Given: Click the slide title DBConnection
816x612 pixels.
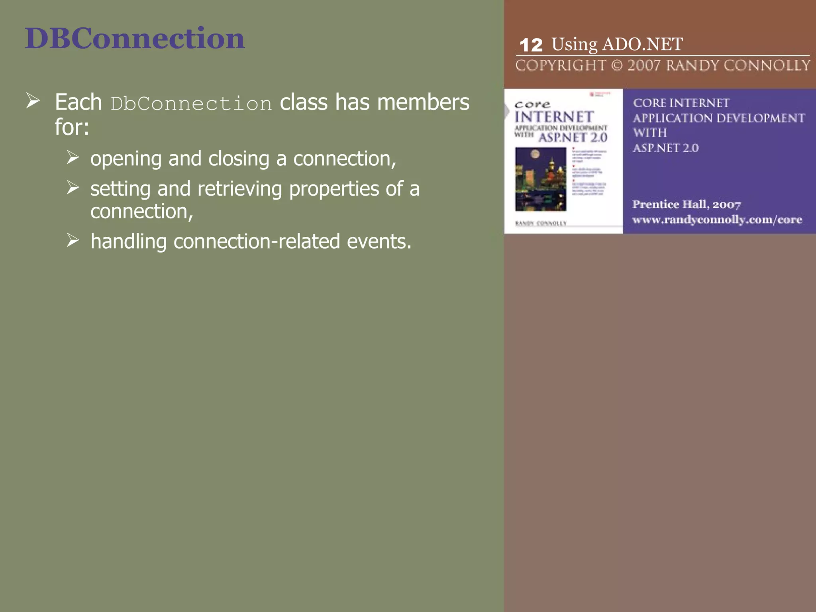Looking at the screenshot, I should click(x=135, y=39).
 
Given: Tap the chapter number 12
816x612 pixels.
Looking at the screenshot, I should click(x=531, y=45).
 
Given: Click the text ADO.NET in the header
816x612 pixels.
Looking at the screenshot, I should click(x=642, y=44).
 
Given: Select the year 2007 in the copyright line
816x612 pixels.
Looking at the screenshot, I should click(x=644, y=65).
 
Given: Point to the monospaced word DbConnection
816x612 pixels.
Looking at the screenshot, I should click(x=191, y=104).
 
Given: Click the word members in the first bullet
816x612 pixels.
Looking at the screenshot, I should click(x=423, y=102).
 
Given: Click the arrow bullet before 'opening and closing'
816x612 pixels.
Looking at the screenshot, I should click(x=73, y=157).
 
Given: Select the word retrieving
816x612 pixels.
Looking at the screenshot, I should click(x=240, y=188).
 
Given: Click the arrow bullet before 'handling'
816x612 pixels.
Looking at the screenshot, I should click(x=73, y=240).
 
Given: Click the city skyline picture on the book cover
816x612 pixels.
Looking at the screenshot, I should click(x=541, y=179).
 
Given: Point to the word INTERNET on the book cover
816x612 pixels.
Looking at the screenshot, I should click(x=554, y=117).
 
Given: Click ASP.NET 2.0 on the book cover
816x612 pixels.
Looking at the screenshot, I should click(x=573, y=137).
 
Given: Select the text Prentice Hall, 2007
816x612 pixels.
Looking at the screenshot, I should click(x=687, y=204).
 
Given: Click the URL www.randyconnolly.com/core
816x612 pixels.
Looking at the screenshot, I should click(x=717, y=220).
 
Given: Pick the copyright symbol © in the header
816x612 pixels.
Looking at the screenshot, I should click(x=616, y=65).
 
